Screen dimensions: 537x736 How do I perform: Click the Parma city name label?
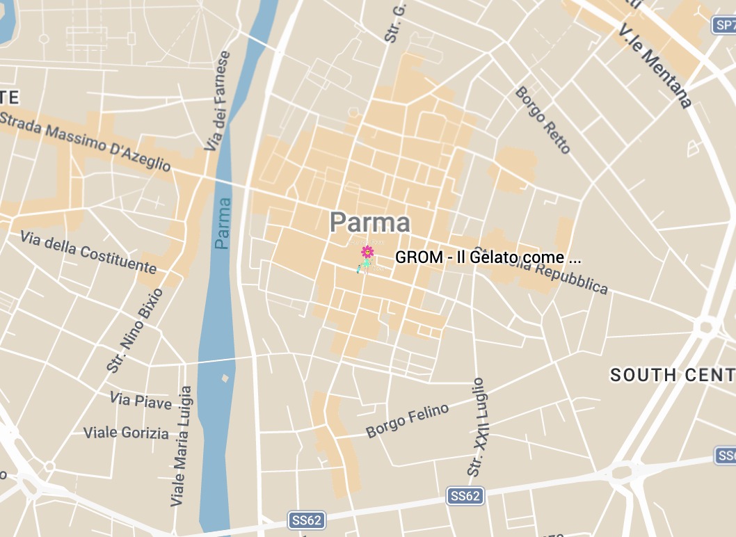(x=370, y=223)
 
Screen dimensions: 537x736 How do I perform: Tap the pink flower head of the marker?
(x=367, y=252)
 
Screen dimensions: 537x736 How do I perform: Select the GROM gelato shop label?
(x=488, y=257)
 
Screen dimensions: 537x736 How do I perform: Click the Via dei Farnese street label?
(x=217, y=101)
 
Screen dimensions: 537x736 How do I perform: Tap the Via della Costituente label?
(x=88, y=253)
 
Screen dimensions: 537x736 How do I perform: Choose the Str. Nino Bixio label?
(x=133, y=330)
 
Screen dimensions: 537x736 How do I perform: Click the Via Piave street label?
(x=141, y=401)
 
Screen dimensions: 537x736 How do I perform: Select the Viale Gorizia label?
(x=126, y=433)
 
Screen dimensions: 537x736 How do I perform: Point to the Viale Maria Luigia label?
(x=181, y=446)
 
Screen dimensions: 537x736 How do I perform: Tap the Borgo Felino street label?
(x=408, y=421)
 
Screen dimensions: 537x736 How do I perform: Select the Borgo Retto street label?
(x=543, y=120)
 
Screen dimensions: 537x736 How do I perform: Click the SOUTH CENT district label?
(x=672, y=376)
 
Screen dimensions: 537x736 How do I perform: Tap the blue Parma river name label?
(x=223, y=223)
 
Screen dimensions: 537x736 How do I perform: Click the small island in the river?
(x=225, y=378)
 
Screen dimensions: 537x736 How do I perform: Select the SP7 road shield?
(x=724, y=26)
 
